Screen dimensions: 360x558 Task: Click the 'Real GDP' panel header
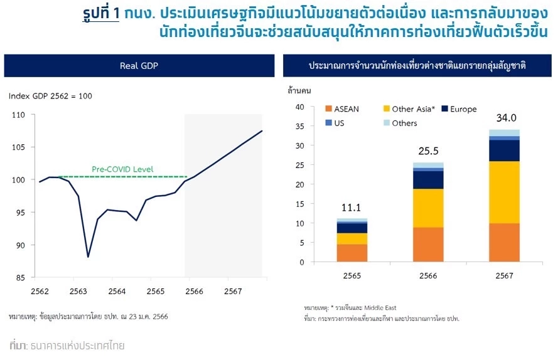tap(139, 65)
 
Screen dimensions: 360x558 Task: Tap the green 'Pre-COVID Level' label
tap(122, 169)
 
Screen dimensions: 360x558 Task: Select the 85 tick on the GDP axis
tap(19, 278)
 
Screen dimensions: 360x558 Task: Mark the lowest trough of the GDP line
tap(88, 257)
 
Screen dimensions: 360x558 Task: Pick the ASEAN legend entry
tap(341, 109)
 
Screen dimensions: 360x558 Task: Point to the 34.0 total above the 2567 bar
tap(505, 118)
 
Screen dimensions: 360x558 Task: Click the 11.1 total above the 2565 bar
tap(352, 207)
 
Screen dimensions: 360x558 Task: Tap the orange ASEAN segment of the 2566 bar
tap(429, 245)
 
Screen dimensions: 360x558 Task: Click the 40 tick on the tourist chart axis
tap(299, 107)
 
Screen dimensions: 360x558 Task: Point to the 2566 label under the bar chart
tap(429, 276)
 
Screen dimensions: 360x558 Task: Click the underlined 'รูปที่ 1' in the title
tap(100, 13)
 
